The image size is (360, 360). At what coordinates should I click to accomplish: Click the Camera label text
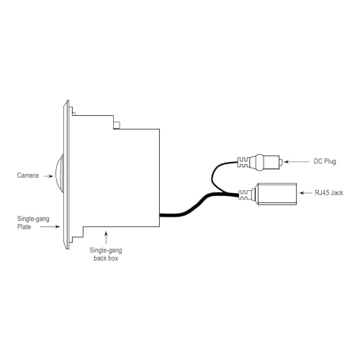[x=27, y=176]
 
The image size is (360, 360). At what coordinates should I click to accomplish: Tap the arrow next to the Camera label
[x=48, y=176]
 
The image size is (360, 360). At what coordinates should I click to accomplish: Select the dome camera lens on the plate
[x=59, y=174]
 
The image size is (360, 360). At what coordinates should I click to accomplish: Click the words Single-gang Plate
[x=33, y=222]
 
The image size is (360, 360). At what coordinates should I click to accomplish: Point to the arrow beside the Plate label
[x=50, y=226]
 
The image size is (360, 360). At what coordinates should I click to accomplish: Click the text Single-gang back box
[x=106, y=254]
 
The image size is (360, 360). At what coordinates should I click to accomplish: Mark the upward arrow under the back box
[x=106, y=238]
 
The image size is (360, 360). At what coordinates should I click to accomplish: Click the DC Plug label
[x=325, y=161]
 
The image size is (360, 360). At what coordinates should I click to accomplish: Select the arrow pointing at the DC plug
[x=297, y=162]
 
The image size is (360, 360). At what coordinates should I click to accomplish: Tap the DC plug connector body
[x=264, y=162]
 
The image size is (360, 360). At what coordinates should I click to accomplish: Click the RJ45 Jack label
[x=329, y=193]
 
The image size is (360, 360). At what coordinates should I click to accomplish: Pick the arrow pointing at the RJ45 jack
[x=306, y=193]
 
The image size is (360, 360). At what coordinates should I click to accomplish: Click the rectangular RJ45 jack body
[x=277, y=194]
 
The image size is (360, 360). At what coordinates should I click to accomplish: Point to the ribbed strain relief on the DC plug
[x=243, y=162]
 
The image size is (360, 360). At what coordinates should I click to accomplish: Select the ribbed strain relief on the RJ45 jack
[x=244, y=194]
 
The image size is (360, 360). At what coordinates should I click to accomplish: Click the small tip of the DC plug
[x=281, y=162]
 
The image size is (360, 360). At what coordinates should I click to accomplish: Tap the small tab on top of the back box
[x=117, y=125]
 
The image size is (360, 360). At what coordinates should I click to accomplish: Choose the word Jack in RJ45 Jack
[x=336, y=193]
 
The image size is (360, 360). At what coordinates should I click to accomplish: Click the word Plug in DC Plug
[x=330, y=161]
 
